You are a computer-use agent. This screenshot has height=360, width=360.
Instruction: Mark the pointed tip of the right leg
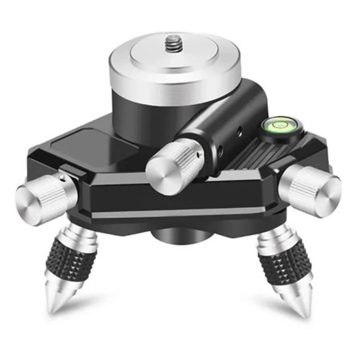[301, 307]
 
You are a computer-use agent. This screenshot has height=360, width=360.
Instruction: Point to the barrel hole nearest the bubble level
[239, 131]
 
